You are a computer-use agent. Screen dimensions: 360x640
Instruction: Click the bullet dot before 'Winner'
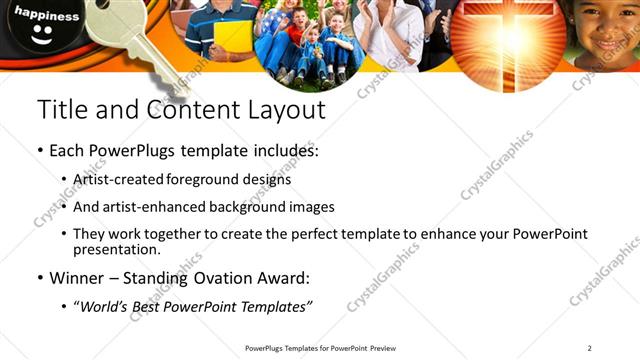pyautogui.click(x=41, y=278)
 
